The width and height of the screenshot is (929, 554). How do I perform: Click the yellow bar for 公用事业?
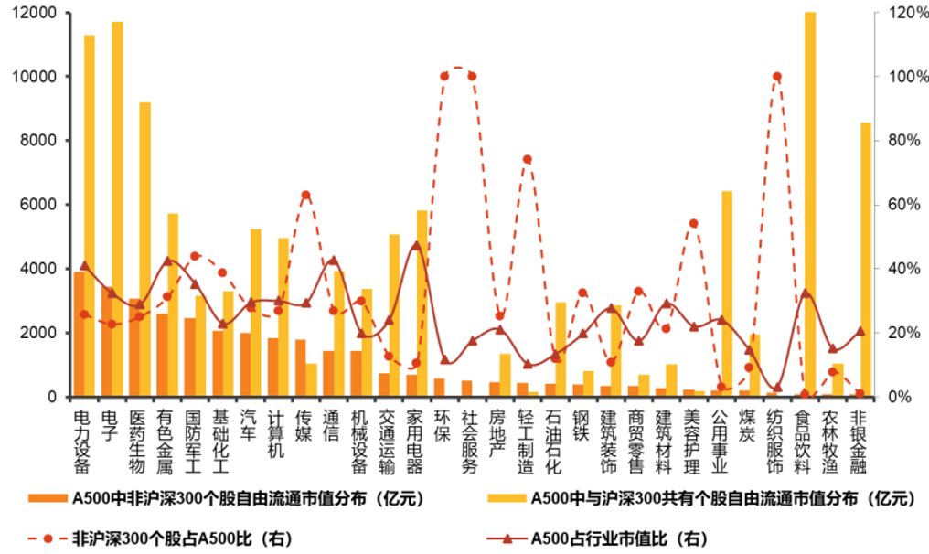click(x=727, y=293)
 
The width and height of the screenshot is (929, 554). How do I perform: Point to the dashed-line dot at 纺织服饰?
click(x=776, y=77)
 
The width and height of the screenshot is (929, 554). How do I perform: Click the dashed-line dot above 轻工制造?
click(x=528, y=159)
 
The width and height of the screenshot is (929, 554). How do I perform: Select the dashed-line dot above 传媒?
click(x=305, y=195)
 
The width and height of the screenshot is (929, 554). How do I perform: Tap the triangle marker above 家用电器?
click(x=416, y=245)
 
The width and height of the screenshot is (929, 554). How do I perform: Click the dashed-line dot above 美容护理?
click(x=693, y=223)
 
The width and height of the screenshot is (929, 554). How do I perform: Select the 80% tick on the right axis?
click(x=894, y=141)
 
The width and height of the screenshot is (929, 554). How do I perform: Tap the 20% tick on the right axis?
click(x=894, y=333)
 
